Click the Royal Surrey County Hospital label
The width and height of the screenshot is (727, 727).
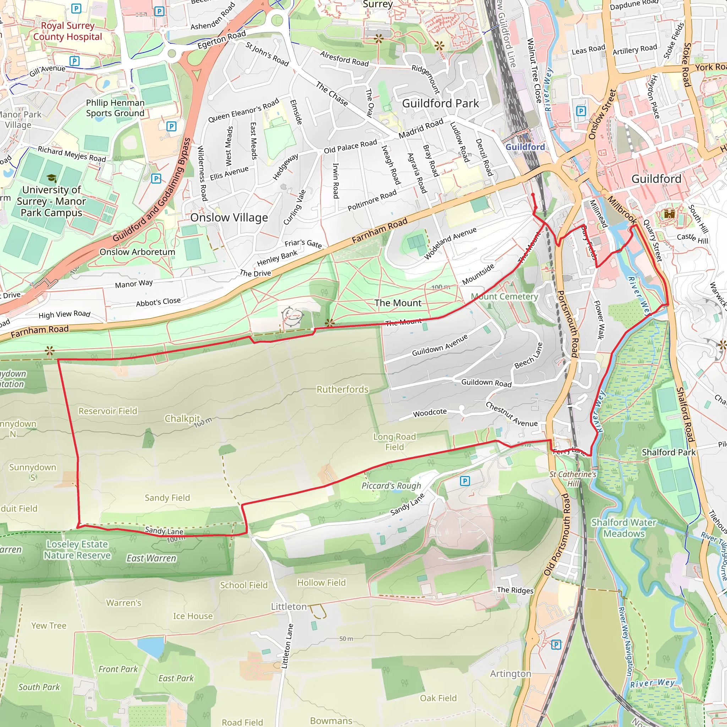[68, 31]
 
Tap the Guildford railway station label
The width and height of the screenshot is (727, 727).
[525, 147]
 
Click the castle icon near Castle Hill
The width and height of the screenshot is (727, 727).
[669, 214]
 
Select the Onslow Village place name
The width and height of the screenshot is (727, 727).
[229, 218]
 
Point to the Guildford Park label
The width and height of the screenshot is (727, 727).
[440, 104]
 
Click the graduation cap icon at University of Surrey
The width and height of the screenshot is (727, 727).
[51, 178]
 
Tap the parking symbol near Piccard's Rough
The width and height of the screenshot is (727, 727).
[465, 481]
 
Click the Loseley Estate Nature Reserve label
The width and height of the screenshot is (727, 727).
[77, 550]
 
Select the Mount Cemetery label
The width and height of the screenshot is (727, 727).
[504, 297]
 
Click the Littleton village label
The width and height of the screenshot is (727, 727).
[289, 607]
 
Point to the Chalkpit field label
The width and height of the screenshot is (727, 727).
[182, 419]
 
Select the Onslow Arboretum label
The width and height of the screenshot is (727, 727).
[137, 252]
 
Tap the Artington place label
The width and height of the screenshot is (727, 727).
[510, 673]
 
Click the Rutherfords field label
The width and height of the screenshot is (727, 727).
[343, 389]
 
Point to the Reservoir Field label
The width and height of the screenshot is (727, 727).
[108, 411]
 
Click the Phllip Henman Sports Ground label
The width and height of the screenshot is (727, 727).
[115, 108]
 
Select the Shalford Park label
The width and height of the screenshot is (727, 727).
[669, 452]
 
